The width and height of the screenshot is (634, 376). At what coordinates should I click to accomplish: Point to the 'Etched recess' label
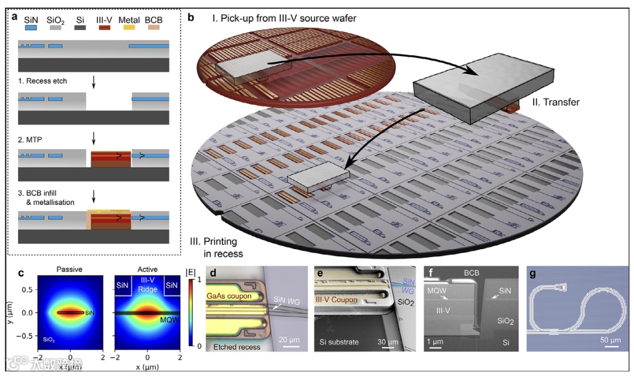237,347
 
